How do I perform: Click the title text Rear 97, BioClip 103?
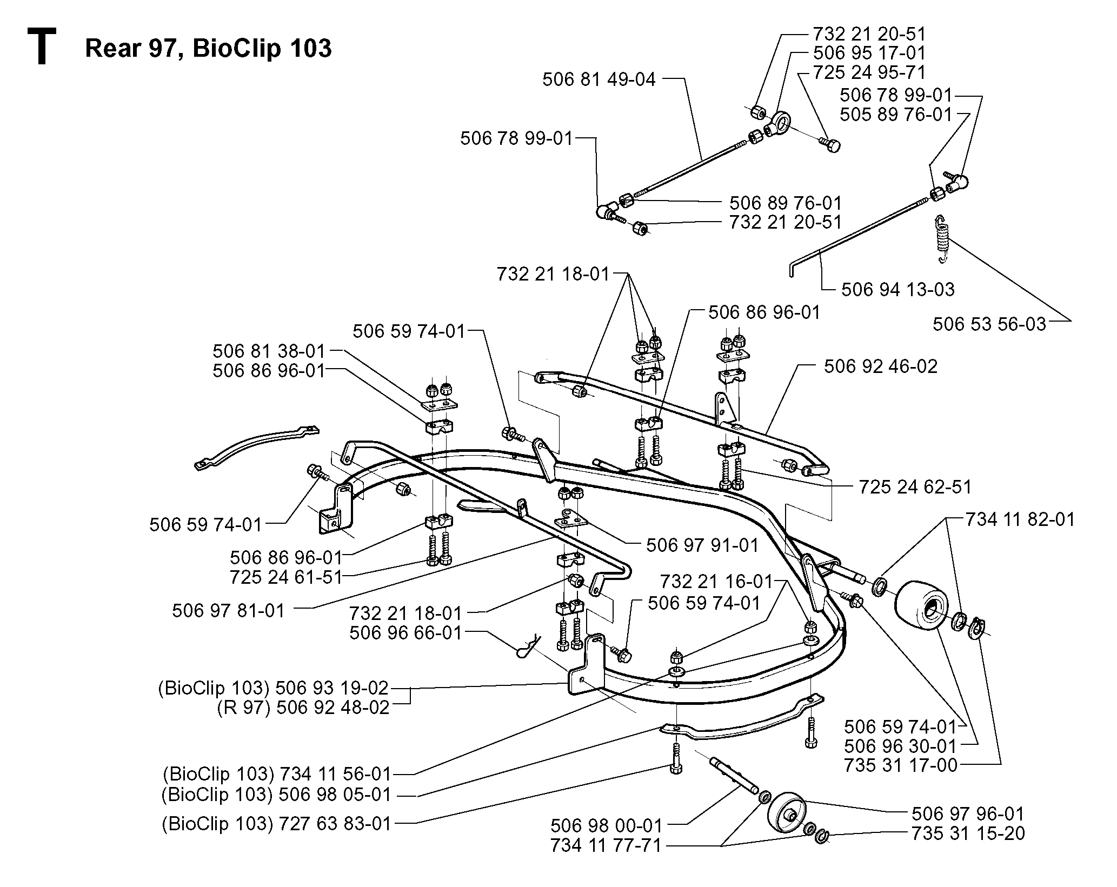pyautogui.click(x=208, y=48)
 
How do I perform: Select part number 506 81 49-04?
pyautogui.click(x=599, y=79)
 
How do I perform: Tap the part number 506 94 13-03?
pyautogui.click(x=898, y=289)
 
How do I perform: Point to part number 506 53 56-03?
pyautogui.click(x=989, y=324)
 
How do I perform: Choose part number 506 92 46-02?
pyautogui.click(x=881, y=366)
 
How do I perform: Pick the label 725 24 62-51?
pyautogui.click(x=915, y=486)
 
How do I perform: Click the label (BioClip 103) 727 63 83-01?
pyautogui.click(x=276, y=824)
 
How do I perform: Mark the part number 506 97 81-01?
pyautogui.click(x=228, y=611)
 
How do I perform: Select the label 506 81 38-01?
pyautogui.click(x=269, y=351)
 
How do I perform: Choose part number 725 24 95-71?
pyautogui.click(x=869, y=72)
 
